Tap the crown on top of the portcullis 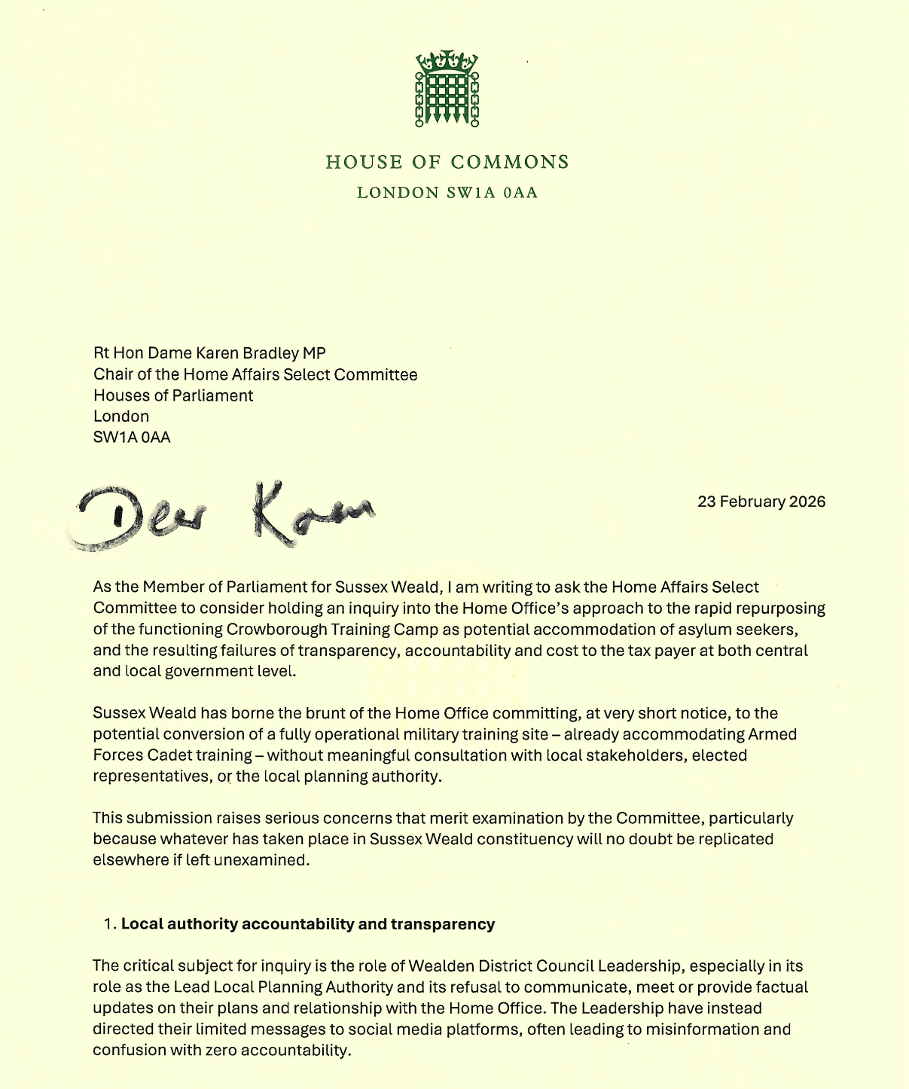pos(447,60)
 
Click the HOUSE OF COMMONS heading pos(447,162)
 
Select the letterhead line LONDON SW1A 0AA pos(447,193)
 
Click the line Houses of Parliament pos(173,395)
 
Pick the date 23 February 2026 pos(761,502)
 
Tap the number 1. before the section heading pos(110,924)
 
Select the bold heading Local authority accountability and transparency pos(308,924)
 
